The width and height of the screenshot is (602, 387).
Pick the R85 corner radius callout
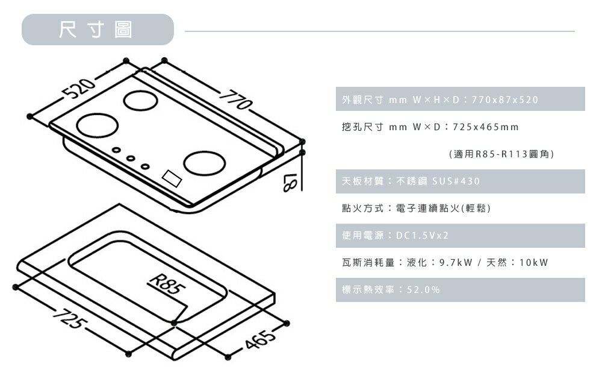pyautogui.click(x=164, y=284)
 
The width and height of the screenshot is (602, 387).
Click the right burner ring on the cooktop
pyautogui.click(x=205, y=163)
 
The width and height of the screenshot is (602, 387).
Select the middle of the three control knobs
pyautogui.click(x=130, y=159)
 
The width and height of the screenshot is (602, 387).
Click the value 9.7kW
pyautogui.click(x=460, y=263)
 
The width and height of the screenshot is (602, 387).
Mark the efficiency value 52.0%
pyautogui.click(x=423, y=290)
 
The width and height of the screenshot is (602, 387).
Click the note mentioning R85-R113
pyautogui.click(x=501, y=155)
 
